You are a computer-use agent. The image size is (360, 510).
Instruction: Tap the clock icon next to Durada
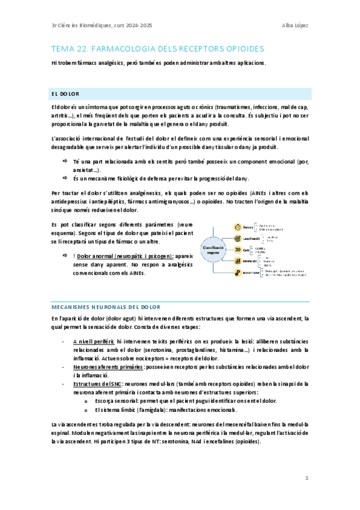(237, 227)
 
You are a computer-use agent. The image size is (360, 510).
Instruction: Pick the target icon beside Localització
(237, 238)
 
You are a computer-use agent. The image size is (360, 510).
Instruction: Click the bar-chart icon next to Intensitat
(237, 261)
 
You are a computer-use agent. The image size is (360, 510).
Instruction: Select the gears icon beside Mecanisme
(237, 272)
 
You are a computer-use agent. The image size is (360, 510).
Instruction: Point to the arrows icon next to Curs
(237, 250)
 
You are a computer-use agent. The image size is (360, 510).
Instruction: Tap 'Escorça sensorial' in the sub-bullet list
(115, 401)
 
